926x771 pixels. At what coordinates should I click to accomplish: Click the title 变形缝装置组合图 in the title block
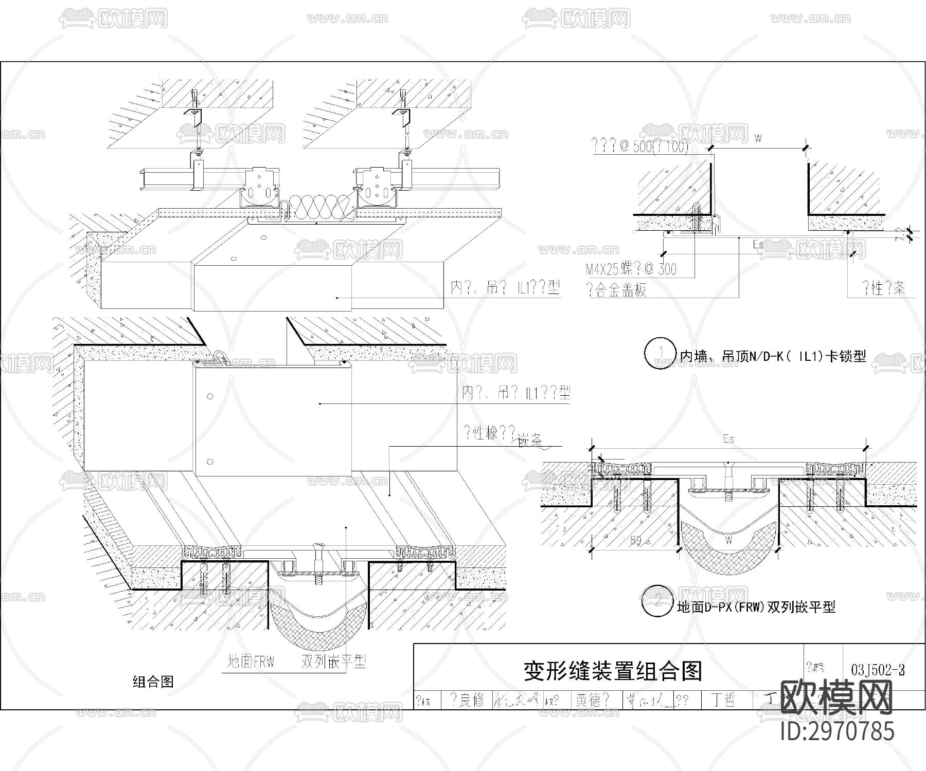(x=612, y=671)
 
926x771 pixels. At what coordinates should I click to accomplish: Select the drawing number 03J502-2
(x=878, y=670)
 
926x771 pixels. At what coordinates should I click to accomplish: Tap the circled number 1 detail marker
(x=660, y=354)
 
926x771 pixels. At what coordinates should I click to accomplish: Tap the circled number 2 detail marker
(x=658, y=601)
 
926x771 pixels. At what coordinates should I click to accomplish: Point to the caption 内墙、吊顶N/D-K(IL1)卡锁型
(x=773, y=356)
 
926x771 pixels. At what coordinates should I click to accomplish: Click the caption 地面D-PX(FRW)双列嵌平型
(x=756, y=607)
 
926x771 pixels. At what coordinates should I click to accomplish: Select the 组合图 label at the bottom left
(x=153, y=682)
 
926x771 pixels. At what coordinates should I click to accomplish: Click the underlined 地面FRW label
(x=251, y=662)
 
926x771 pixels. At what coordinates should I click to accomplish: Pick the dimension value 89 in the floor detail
(x=635, y=541)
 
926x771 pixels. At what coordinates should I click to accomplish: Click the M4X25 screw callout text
(x=631, y=269)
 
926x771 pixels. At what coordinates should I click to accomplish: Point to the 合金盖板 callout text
(x=617, y=290)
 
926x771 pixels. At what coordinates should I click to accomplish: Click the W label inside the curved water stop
(x=728, y=540)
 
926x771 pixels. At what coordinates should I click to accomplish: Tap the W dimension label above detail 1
(x=758, y=138)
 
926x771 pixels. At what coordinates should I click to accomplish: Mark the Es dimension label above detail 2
(x=728, y=438)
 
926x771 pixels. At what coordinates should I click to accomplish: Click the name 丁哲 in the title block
(x=723, y=700)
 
